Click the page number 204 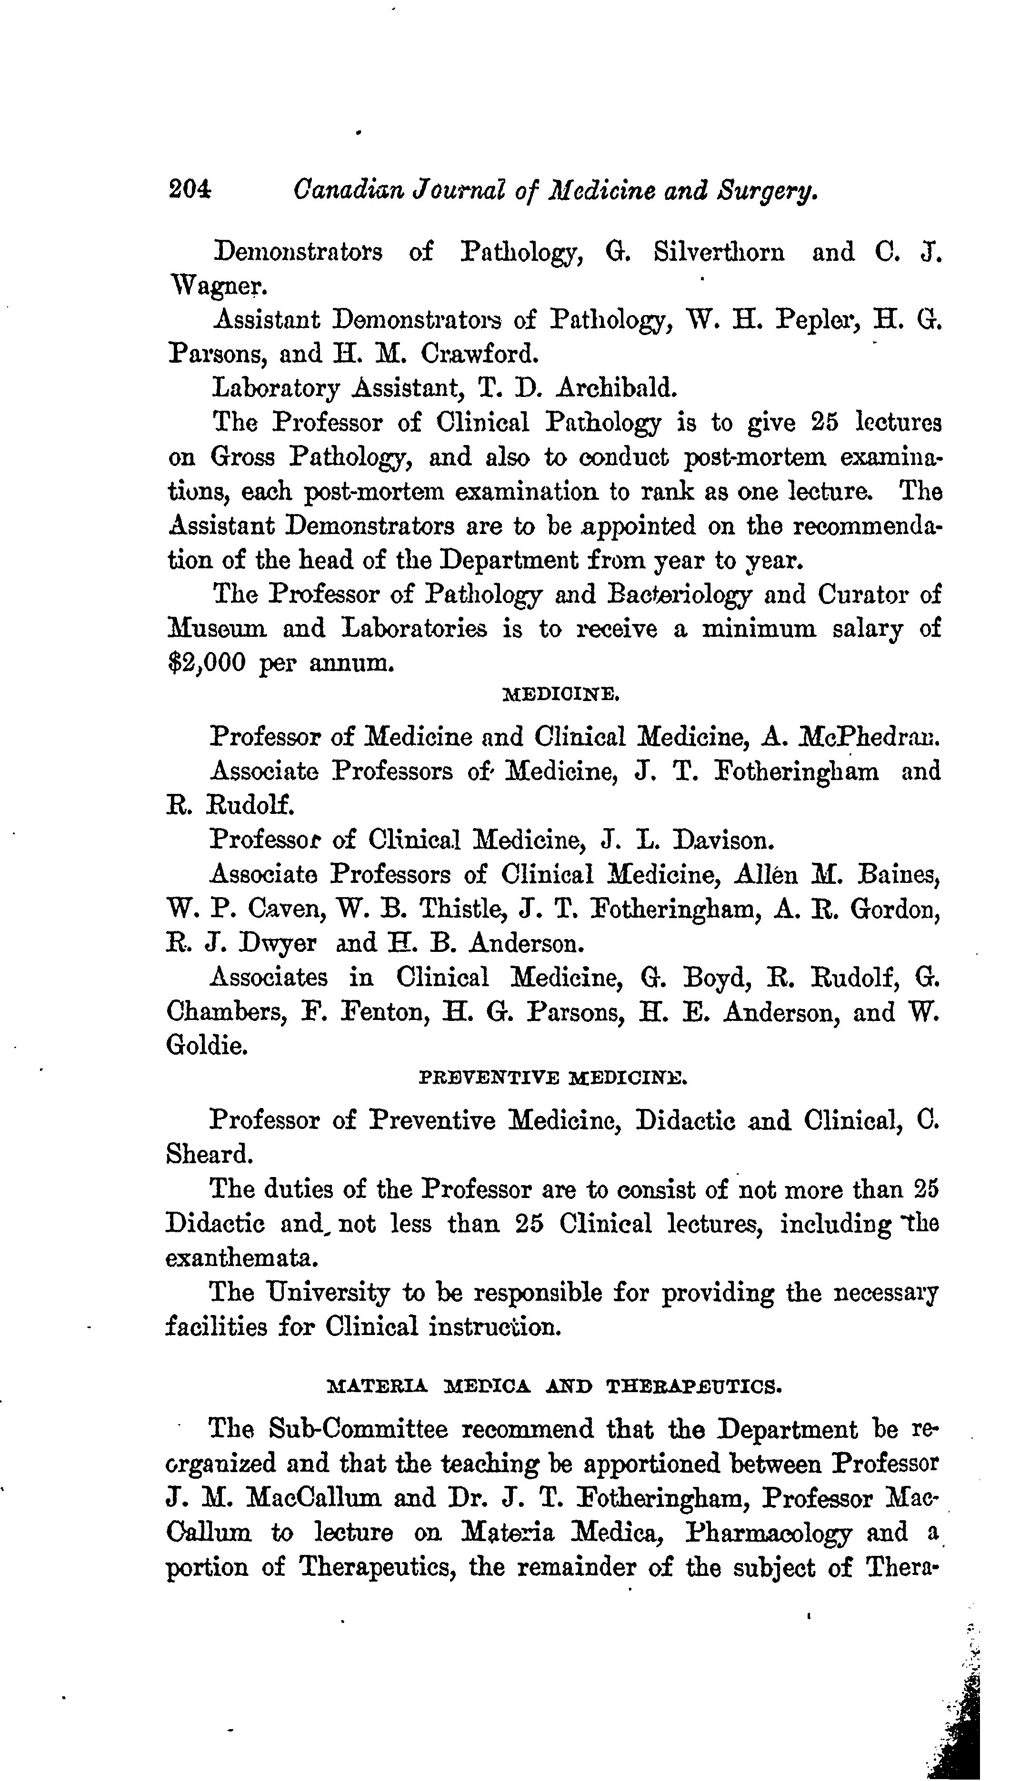190,190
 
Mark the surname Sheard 209,1154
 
